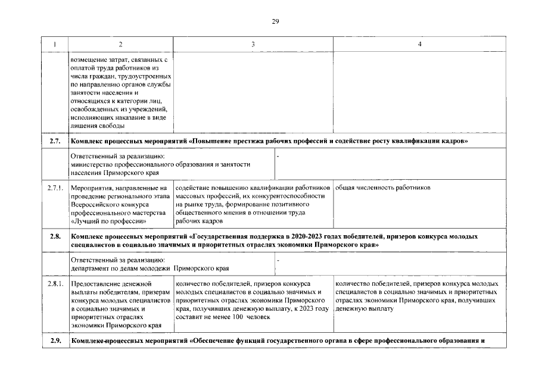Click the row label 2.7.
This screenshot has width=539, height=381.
click(x=55, y=141)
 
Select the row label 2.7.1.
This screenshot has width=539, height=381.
click(x=55, y=188)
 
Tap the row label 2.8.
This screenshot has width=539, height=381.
click(x=55, y=236)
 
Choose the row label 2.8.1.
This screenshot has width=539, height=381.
click(x=55, y=284)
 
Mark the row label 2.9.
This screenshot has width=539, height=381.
click(x=55, y=341)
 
